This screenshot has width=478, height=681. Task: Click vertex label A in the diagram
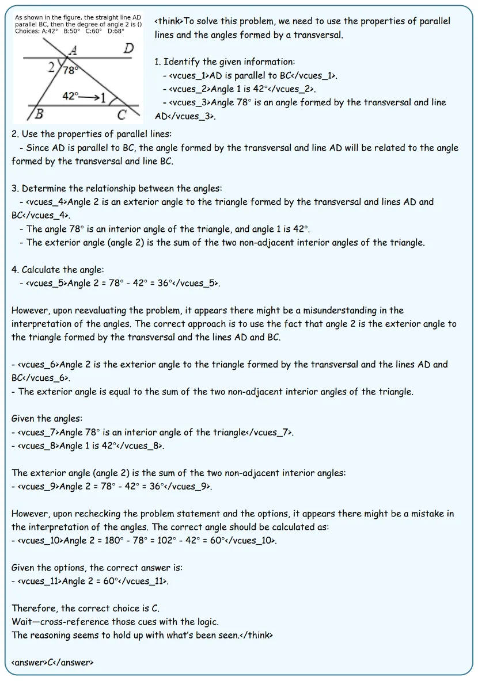73,51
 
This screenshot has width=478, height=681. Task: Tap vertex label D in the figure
129,49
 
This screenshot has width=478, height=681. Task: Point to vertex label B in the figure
39,114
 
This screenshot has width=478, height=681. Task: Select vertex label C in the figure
122,114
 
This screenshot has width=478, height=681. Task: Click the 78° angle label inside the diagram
70,70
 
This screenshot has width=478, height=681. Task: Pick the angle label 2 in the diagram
52,67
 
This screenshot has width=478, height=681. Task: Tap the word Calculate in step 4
41,270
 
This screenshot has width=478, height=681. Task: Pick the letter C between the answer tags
51,662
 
